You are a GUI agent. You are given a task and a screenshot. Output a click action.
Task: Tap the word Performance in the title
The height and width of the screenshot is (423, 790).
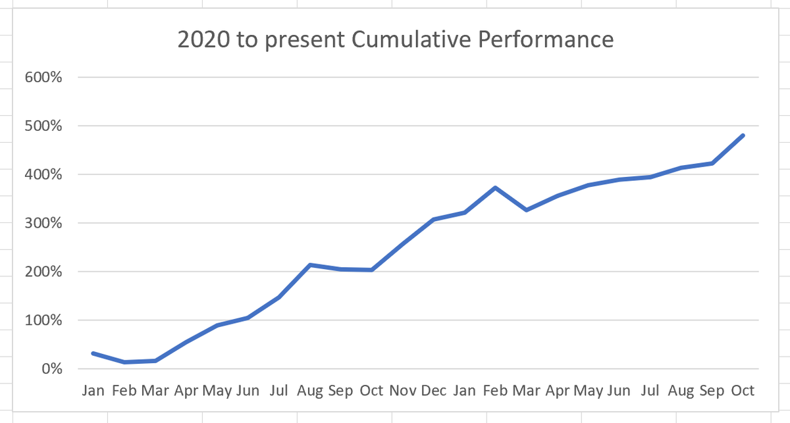pos(546,40)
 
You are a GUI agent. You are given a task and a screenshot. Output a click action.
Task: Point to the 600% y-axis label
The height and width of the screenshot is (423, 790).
pos(43,77)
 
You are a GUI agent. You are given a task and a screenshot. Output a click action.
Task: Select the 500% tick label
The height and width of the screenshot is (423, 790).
pos(43,126)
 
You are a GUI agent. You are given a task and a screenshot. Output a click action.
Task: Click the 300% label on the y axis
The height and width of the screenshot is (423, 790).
pos(43,223)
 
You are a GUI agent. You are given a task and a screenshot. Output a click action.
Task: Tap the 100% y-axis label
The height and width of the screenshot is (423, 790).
pos(43,320)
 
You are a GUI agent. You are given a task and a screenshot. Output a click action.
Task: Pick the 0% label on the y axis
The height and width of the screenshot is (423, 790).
pos(51,369)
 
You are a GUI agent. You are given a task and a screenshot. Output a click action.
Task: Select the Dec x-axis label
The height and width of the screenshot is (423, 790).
pos(433,391)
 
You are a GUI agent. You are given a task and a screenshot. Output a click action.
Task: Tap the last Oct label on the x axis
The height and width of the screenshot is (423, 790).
pos(743,391)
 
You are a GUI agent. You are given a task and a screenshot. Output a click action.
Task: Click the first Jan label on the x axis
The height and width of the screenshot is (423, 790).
pos(93,391)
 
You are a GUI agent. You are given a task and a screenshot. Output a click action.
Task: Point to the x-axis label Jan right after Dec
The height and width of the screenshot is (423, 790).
pos(464,391)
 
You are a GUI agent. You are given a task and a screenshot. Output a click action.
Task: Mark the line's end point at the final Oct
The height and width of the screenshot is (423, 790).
pos(743,136)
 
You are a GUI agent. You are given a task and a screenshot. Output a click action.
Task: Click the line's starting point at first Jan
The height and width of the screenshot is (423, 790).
pos(93,353)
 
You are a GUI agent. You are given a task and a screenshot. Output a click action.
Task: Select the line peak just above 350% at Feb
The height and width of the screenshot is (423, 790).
pos(495,187)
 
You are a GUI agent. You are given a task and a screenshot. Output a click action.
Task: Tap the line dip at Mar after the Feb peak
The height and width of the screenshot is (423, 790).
pos(526,210)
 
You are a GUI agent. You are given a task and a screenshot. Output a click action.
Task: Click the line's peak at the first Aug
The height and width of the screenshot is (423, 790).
pos(310,265)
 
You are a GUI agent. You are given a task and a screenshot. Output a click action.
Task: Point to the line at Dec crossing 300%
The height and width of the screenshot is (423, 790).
pos(433,219)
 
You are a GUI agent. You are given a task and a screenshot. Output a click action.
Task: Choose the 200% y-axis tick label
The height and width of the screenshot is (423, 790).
pos(43,272)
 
